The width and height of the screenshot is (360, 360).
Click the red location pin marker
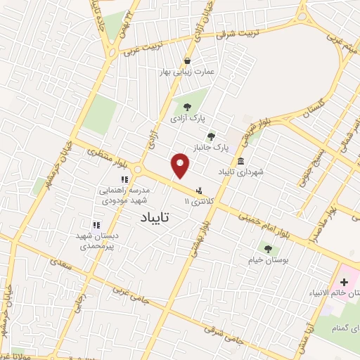pos(181,166)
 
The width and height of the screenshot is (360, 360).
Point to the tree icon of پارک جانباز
pos(210,136)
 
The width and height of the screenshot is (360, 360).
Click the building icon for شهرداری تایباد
pos(240,160)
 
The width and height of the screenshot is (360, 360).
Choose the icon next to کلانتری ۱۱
pos(200,190)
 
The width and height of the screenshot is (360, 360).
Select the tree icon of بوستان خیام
pos(266,248)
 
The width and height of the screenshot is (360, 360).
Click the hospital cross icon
pos(345,281)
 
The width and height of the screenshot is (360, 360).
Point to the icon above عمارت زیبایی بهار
pos(188,60)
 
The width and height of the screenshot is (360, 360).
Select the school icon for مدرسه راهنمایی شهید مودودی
pos(124,180)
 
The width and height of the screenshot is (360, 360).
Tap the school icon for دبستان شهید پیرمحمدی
pos(96,224)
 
